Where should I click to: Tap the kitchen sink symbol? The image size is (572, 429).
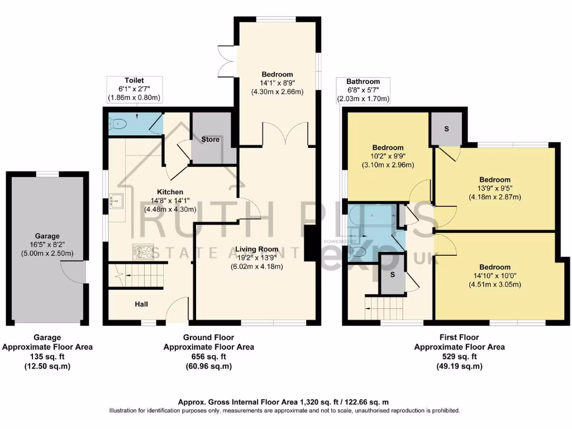(x=118, y=200)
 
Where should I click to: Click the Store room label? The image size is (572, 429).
(x=211, y=139)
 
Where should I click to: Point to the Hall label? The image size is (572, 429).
(x=142, y=304)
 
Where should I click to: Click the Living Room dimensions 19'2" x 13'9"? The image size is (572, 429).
(x=256, y=258)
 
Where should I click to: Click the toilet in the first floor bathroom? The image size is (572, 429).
(x=359, y=252)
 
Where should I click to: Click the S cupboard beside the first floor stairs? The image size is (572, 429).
(x=392, y=275)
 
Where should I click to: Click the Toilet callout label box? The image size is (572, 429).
(x=134, y=89)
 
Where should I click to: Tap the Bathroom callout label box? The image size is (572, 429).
(x=363, y=90)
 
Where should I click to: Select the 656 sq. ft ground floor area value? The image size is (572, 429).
(x=208, y=356)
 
